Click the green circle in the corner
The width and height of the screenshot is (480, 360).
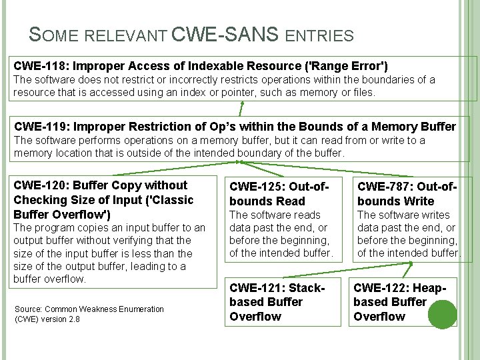click(x=441, y=314)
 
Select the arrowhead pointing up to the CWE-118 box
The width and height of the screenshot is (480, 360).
click(x=241, y=104)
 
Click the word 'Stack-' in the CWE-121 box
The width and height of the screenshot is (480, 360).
click(x=306, y=287)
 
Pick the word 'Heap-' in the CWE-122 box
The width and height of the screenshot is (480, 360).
click(x=431, y=287)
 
